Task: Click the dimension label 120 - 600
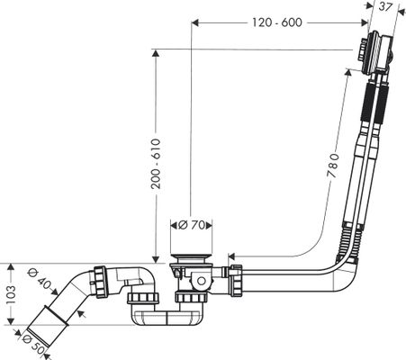[x=276, y=22]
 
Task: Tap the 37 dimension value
[x=384, y=6]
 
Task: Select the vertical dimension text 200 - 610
[x=156, y=164]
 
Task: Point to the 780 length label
[x=333, y=166]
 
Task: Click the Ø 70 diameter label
[x=192, y=225]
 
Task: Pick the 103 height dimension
[x=10, y=294]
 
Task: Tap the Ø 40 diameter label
[x=39, y=280]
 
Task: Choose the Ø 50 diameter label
[x=33, y=345]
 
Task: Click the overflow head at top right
[x=375, y=54]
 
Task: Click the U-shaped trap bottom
[x=168, y=318]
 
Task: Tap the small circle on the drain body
[x=201, y=281]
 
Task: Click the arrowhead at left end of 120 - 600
[x=195, y=22]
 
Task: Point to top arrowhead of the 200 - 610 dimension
[x=155, y=53]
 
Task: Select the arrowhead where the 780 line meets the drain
[x=231, y=256]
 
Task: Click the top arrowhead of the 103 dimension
[x=11, y=267]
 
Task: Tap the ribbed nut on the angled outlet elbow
[x=100, y=282]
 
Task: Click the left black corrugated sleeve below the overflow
[x=366, y=103]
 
